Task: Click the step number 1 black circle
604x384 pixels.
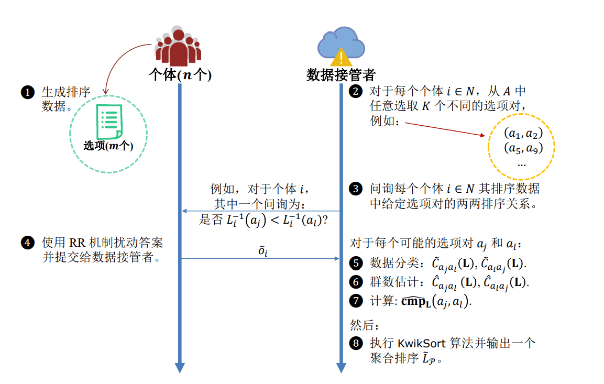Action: (26, 93)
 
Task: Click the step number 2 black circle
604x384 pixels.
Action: (355, 91)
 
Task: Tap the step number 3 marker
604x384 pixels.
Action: (355, 189)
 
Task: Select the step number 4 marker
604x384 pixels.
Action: (26, 243)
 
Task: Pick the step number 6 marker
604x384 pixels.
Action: (355, 282)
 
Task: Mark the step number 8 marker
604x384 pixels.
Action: (355, 344)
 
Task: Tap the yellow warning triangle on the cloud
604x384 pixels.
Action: (341, 56)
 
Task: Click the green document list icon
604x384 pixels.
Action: (109, 122)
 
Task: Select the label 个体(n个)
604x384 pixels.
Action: (180, 75)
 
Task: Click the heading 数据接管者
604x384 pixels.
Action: (341, 75)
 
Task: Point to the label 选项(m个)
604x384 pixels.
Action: (108, 146)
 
